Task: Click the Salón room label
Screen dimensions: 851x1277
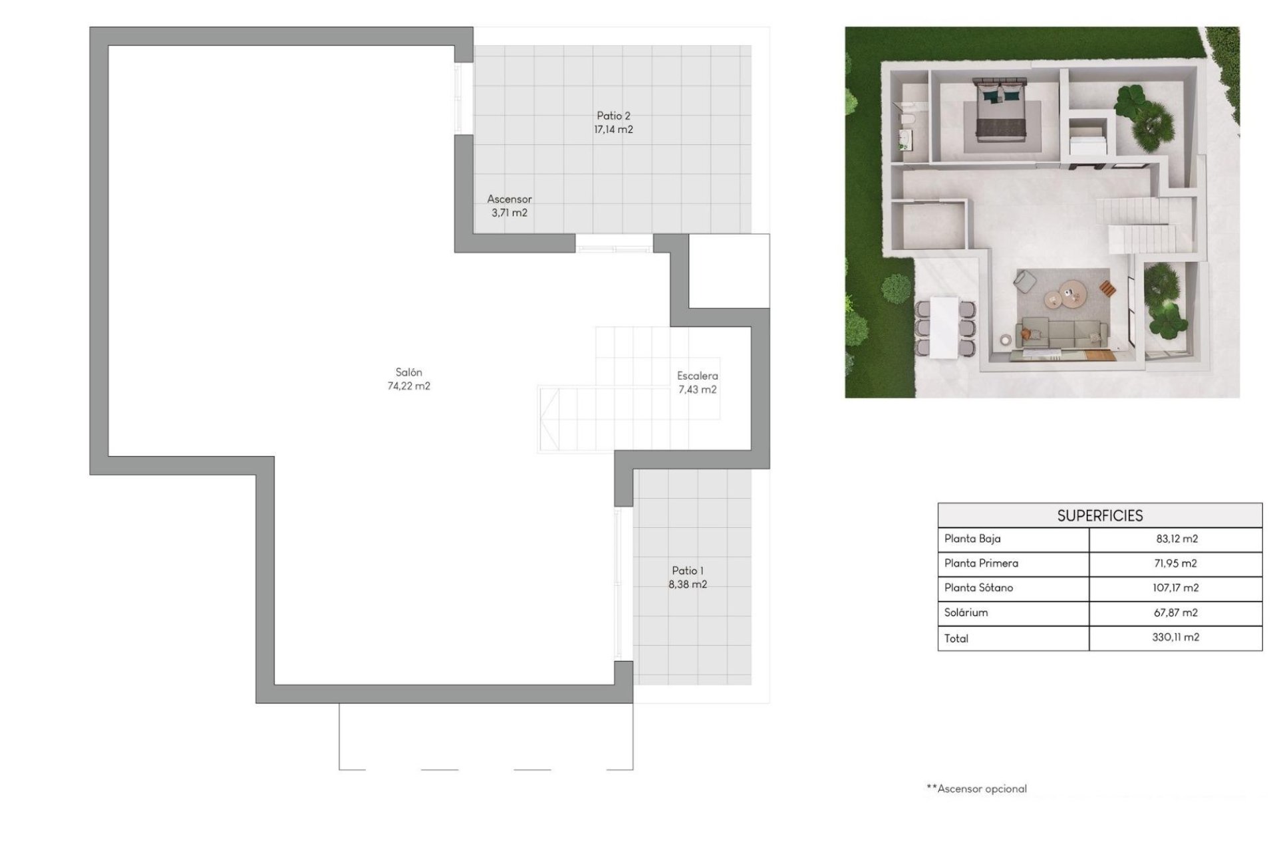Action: pos(408,372)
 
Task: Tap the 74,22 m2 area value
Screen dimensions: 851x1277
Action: pos(408,386)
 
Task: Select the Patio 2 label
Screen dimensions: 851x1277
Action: pos(613,116)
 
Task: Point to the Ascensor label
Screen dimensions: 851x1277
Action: pos(509,199)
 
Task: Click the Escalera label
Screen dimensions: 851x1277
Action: pos(697,376)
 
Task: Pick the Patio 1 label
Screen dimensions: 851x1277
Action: pos(687,570)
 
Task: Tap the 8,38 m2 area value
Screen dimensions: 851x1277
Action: pos(687,584)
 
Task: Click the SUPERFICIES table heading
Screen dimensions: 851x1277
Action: pos(1099,516)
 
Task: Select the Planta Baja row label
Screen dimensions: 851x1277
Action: pos(972,539)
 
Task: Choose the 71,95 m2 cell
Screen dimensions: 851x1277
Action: pos(1175,564)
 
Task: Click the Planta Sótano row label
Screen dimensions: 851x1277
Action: pos(978,588)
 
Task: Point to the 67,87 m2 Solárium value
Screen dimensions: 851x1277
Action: pos(1175,612)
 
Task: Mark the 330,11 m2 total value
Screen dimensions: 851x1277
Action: pos(1175,637)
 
